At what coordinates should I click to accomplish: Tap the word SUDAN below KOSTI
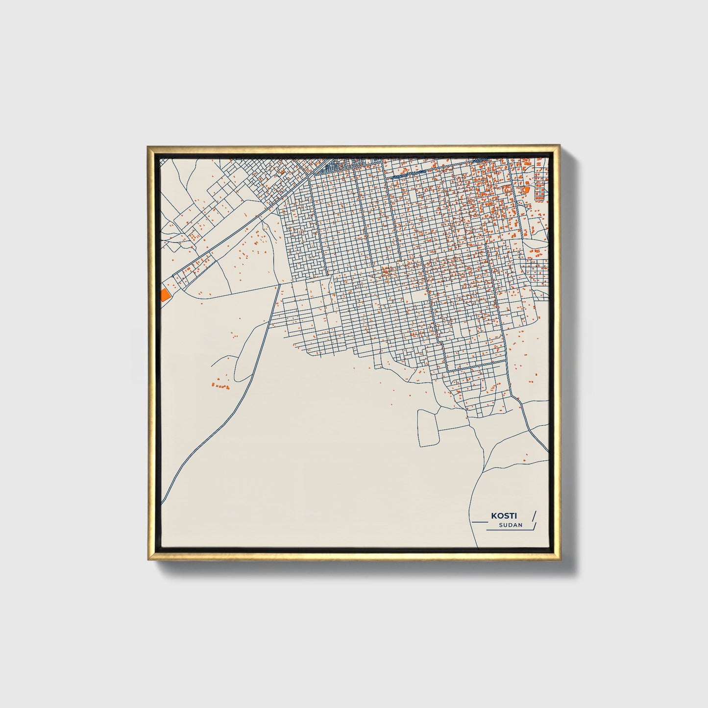[511, 525]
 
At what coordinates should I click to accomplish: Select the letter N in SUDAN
[520, 525]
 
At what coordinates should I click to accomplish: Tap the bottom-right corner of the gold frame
[559, 561]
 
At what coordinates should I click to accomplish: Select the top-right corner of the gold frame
[559, 146]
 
